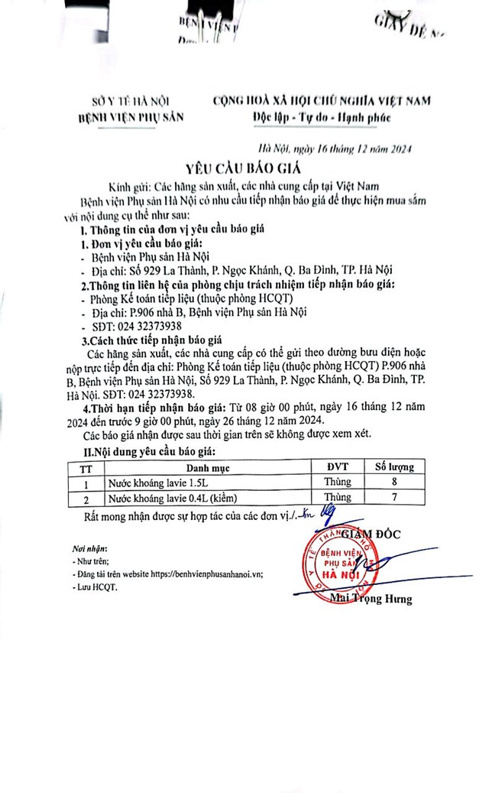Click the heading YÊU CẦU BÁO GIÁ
[244, 170]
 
